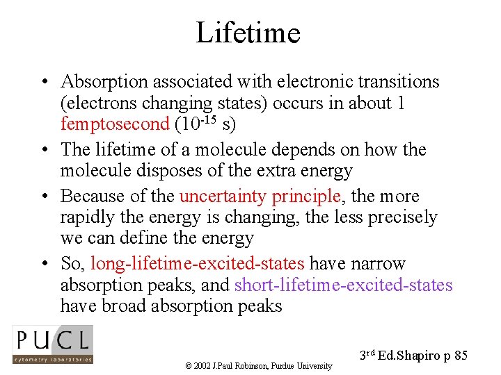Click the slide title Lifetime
248,32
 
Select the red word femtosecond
115,124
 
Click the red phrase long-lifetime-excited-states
198,264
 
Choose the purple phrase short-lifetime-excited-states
344,285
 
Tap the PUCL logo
53,344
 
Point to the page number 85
460,356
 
